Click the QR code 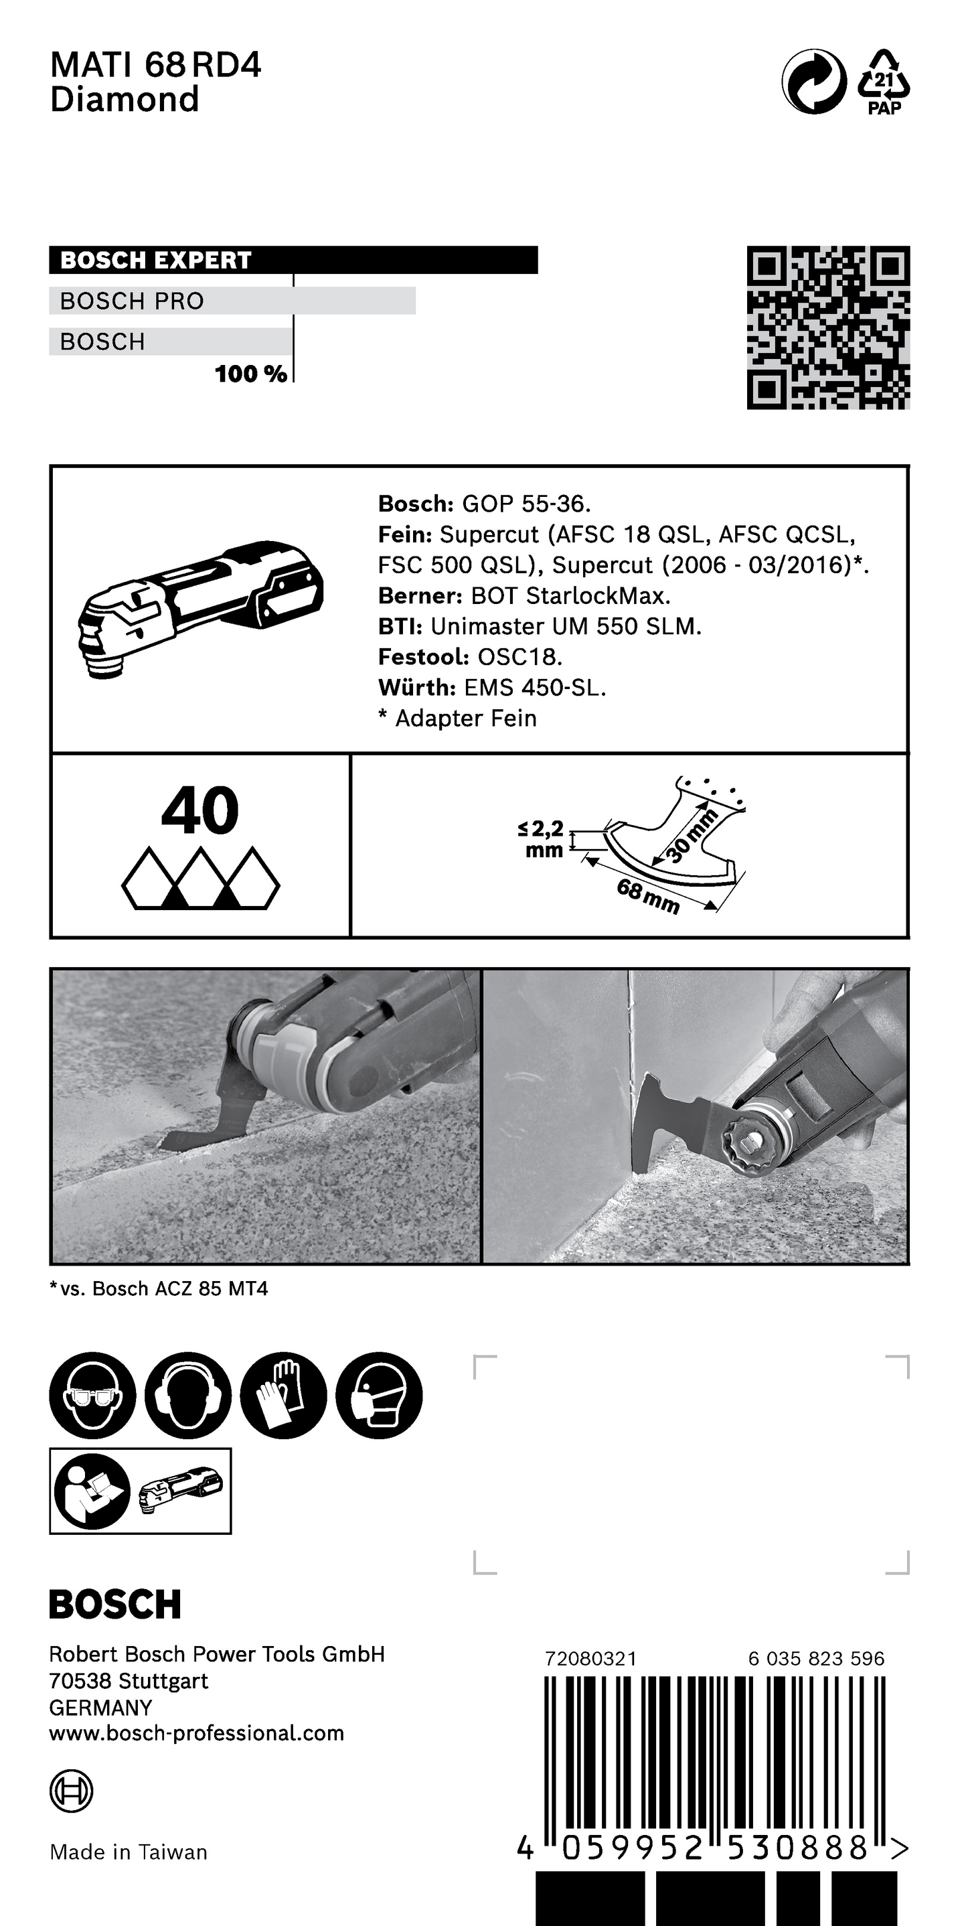(x=828, y=327)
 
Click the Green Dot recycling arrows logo (x=814, y=82)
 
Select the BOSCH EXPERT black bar (x=293, y=259)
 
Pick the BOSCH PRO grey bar (x=232, y=301)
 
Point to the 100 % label (x=250, y=374)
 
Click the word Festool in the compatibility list (x=423, y=657)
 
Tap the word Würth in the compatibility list (x=416, y=688)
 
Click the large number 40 (x=199, y=810)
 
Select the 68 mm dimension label (x=648, y=897)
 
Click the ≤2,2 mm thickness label (x=542, y=839)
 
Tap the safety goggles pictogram (x=92, y=1395)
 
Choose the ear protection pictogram (x=187, y=1395)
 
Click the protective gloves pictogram (x=283, y=1395)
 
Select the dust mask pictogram (x=379, y=1395)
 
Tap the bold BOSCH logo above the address (x=115, y=1604)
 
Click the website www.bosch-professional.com (x=195, y=1733)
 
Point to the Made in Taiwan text (x=128, y=1852)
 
